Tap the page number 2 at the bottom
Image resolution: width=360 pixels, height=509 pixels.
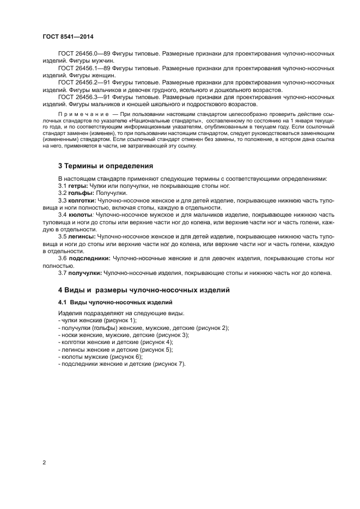coord(44,463)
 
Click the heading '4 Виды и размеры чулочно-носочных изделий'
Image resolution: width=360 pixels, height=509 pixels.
coord(144,290)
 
